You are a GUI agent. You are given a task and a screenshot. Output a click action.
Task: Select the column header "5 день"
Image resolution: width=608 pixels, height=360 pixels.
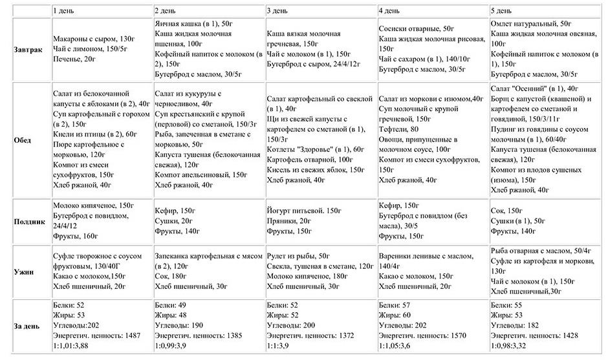tap(501, 10)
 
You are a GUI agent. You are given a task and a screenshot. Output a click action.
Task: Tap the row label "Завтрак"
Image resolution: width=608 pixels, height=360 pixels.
tap(28, 50)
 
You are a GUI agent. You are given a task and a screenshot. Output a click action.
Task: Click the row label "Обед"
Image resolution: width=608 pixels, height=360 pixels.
tap(23, 140)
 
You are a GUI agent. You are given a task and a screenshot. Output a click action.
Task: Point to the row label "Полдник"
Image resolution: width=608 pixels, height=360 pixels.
tap(30, 222)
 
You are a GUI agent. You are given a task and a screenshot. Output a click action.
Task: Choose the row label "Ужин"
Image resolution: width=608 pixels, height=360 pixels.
tap(24, 271)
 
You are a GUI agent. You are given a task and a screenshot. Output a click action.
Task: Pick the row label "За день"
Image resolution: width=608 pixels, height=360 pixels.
tap(27, 326)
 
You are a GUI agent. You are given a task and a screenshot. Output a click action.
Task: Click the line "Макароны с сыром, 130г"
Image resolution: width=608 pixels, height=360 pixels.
tap(94, 39)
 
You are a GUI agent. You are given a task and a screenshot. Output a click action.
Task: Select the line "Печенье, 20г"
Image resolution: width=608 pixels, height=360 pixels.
tap(74, 59)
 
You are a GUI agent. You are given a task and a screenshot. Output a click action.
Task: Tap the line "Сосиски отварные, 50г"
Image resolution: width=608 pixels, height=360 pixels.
tap(417, 28)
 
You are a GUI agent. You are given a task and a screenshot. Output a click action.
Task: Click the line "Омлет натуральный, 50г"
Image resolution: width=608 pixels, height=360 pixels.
tap(531, 24)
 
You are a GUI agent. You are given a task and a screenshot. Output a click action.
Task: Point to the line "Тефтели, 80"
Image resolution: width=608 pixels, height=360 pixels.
tap(398, 129)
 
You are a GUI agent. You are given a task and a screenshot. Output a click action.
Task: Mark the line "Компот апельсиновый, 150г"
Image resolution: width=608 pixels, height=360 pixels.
tap(201, 175)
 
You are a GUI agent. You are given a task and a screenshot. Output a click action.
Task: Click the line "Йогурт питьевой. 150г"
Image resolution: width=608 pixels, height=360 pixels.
tap(304, 211)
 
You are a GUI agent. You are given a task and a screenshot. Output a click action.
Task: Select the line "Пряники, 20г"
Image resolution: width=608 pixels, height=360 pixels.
tap(289, 221)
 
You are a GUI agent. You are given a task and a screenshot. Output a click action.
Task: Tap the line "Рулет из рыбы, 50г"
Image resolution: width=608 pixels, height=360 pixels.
tap(298, 256)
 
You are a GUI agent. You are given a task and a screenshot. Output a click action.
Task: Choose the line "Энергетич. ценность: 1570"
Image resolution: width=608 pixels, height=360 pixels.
tap(422, 335)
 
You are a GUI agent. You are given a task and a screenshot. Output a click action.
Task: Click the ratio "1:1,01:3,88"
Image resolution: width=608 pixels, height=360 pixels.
tap(71, 346)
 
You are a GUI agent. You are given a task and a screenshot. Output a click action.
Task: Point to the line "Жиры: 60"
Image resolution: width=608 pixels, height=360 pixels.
tap(395, 315)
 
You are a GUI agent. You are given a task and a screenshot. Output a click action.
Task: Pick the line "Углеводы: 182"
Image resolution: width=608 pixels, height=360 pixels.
tap(515, 325)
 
